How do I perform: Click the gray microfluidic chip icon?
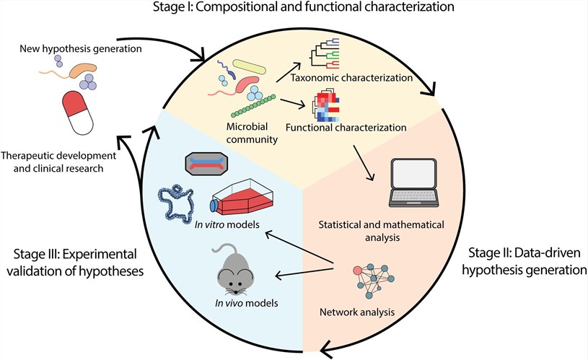pos(209,164)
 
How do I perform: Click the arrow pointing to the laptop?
pos(369,160)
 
